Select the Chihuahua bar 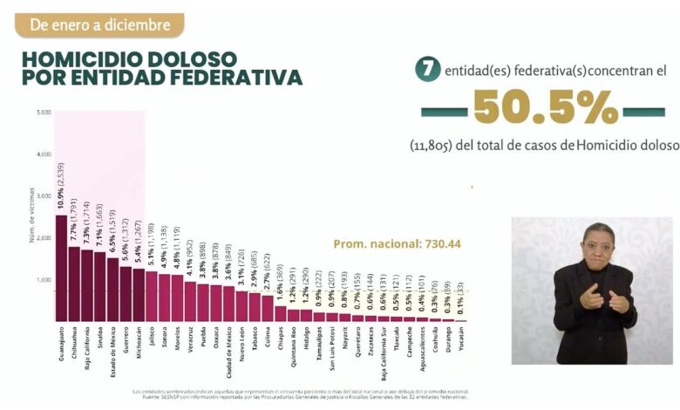click(74, 284)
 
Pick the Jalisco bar click(152, 296)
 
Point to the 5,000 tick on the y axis click(44, 112)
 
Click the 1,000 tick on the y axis click(44, 280)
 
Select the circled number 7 click(426, 71)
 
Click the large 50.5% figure click(545, 110)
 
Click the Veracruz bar click(190, 301)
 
